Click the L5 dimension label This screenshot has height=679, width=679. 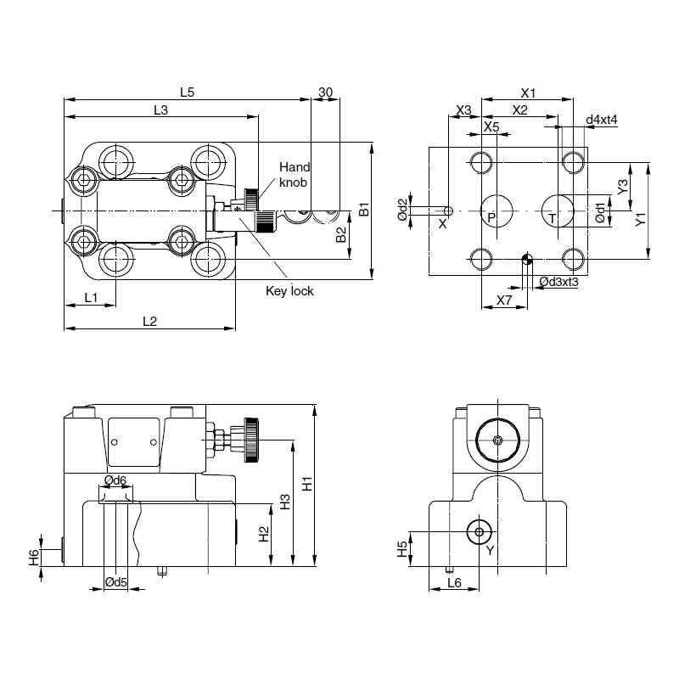pos(187,93)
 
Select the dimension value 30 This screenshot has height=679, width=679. pos(325,93)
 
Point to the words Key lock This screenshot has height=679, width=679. pos(289,291)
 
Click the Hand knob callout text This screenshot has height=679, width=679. pos(295,175)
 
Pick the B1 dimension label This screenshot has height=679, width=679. pos(363,210)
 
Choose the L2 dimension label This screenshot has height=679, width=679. pos(149,321)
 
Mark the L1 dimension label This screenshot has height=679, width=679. pos(91,297)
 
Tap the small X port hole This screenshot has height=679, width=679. pos(449,210)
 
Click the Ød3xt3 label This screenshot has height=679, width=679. pos(558,281)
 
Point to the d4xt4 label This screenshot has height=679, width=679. pos(602,120)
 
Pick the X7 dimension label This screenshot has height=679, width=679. pos(504,300)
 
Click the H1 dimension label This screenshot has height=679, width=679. pos(308,485)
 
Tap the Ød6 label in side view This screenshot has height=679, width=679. pos(115,480)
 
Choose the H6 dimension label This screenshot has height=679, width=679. pos(33,557)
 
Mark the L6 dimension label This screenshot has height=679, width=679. pos(454,582)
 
